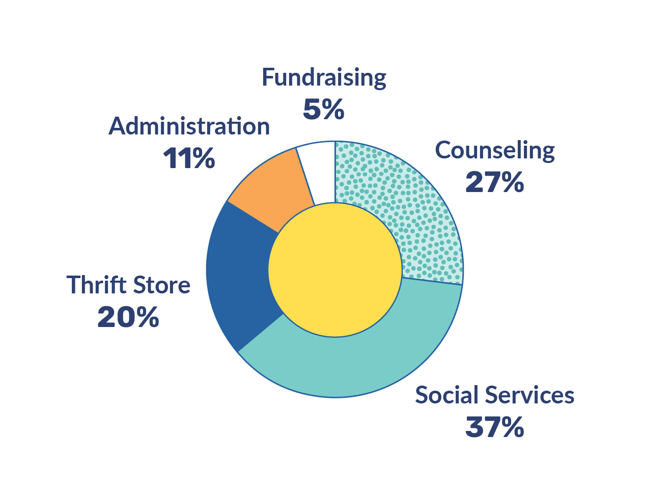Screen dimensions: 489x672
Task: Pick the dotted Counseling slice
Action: click(x=407, y=209)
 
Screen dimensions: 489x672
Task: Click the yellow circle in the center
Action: click(x=335, y=270)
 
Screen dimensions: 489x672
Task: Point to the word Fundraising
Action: click(x=324, y=77)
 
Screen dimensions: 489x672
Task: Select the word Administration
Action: click(x=189, y=126)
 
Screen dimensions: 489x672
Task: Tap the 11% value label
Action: click(x=189, y=158)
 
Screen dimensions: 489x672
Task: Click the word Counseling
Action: click(x=495, y=150)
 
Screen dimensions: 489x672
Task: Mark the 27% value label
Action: click(x=495, y=182)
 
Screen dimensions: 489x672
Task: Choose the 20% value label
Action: click(x=128, y=317)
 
